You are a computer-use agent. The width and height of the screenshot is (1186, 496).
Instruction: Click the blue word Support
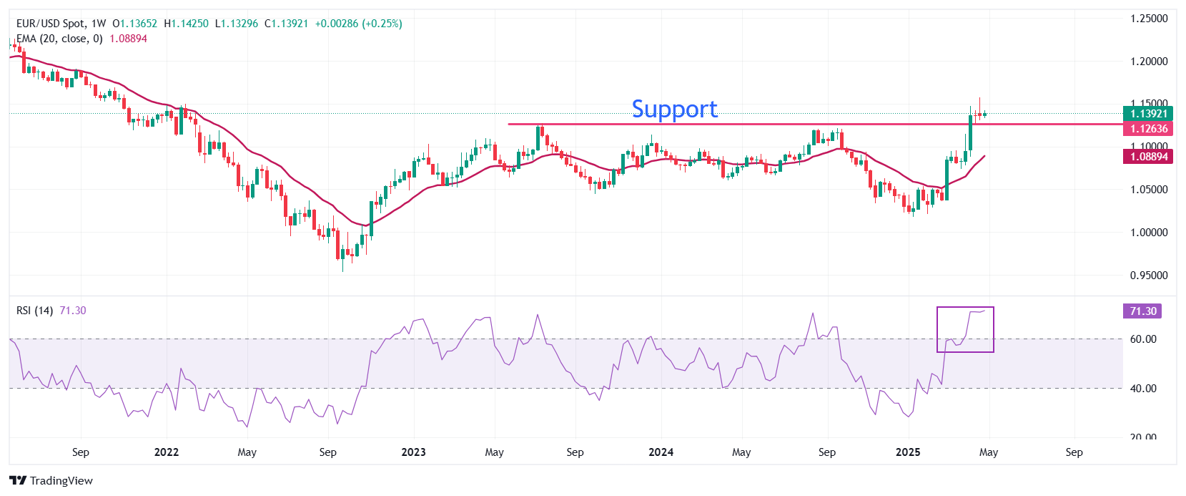coord(674,109)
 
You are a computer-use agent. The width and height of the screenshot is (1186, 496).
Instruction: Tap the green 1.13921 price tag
coord(1148,113)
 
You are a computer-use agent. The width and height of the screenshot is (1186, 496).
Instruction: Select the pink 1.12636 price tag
coord(1148,129)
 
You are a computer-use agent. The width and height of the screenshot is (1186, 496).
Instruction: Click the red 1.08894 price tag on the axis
coord(1148,156)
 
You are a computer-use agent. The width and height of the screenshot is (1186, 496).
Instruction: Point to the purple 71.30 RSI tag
coord(1142,311)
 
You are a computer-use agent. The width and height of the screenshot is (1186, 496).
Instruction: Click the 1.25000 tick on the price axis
coord(1148,19)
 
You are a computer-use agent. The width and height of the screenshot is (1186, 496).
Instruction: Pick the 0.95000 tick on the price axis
coord(1148,276)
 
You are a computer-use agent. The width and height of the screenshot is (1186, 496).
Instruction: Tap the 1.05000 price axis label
coord(1148,190)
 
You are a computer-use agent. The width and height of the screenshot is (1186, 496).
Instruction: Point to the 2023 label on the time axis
coord(413,452)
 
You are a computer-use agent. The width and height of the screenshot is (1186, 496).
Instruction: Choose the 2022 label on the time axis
coord(167,452)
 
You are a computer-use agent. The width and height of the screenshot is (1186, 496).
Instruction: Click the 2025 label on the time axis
coord(908,452)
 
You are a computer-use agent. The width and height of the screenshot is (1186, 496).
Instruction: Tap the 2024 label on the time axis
coord(661,452)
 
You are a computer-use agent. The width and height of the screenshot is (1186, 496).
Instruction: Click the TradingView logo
coord(51,480)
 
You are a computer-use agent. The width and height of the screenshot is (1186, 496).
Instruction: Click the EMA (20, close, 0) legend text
coord(59,39)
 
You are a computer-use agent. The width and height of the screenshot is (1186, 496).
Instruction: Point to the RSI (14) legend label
coord(34,311)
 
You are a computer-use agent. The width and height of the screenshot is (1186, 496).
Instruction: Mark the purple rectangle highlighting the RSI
coord(965,330)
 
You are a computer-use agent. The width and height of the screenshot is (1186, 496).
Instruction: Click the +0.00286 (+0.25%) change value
coord(358,24)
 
